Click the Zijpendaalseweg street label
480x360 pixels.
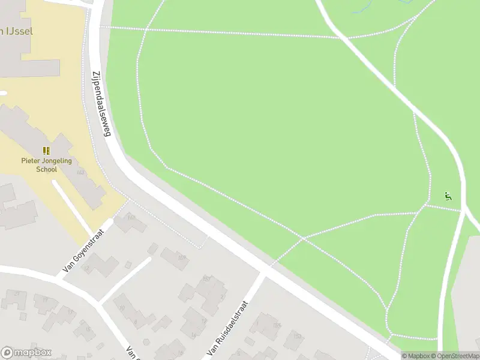(x=101, y=105)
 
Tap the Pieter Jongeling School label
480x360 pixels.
(x=47, y=165)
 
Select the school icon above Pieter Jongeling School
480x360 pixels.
(x=47, y=151)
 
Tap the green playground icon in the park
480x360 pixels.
(x=448, y=196)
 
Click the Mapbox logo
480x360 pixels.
(x=26, y=353)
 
